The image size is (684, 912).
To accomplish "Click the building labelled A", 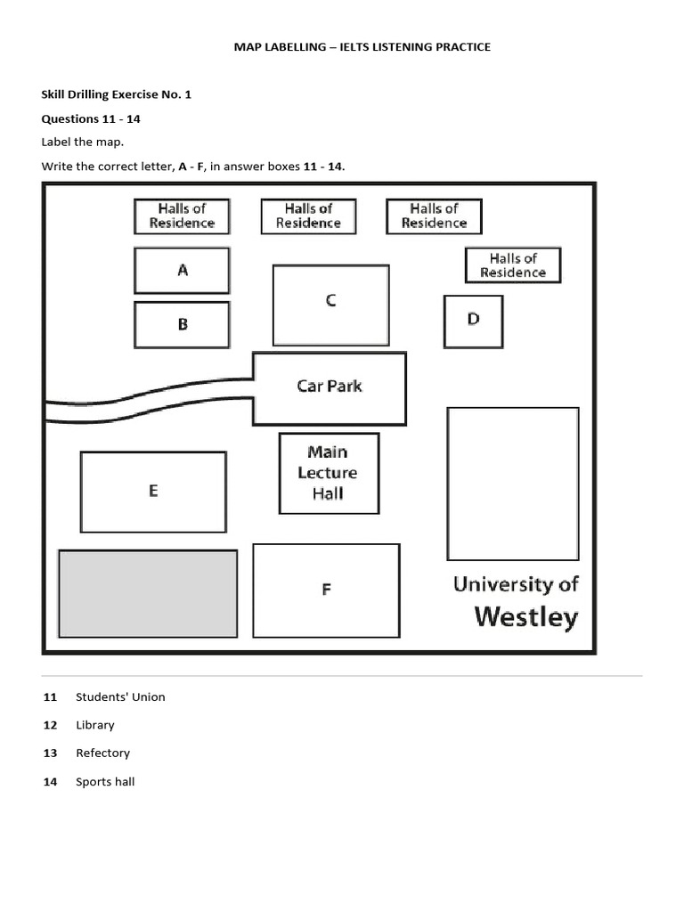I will point(182,270).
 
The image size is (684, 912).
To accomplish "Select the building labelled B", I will point(182,324).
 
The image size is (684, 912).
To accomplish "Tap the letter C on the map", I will point(330,301).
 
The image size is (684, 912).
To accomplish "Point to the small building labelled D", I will point(473,320).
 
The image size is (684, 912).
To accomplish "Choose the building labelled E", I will point(153,491).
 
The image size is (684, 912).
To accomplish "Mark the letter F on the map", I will point(326,590).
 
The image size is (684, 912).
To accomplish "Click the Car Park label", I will point(330,387).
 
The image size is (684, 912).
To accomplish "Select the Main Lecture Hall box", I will point(329,473).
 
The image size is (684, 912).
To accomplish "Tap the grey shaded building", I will point(148,593).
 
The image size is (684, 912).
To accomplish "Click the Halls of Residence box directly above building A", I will point(182,216).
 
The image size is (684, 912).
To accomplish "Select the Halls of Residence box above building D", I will point(513,265).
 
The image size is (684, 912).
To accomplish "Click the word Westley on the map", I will point(525,616).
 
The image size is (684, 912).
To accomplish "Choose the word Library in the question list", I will point(94,725).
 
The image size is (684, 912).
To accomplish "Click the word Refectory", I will point(102,753).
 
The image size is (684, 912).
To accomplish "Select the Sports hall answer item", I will point(105,782).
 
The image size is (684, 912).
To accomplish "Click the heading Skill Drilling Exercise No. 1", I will point(116,94).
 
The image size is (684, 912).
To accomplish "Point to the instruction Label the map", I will point(82,142).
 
